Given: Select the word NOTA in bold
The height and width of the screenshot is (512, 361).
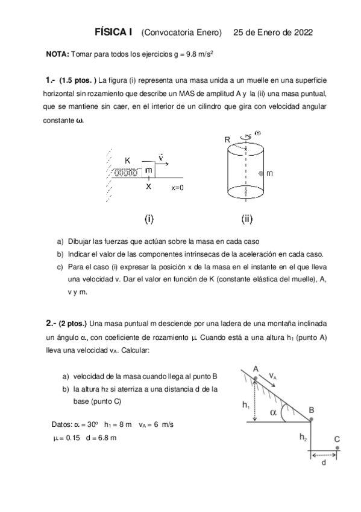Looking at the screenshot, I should (x=57, y=54).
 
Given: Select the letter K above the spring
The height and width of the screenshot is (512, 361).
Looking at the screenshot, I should (x=128, y=161).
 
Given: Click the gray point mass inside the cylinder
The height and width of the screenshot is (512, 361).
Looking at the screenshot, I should (x=260, y=173).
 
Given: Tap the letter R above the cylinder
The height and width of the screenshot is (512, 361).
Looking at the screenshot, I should (x=227, y=139).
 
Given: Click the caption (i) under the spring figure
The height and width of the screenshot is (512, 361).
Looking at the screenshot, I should (x=148, y=217).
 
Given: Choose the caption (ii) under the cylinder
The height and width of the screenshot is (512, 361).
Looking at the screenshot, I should (x=247, y=217).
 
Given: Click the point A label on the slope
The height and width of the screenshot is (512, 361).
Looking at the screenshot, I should (x=256, y=368).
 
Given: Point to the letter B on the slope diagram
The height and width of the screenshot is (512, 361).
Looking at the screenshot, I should (x=312, y=410).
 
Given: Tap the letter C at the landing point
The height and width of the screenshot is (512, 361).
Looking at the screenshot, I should (x=337, y=440).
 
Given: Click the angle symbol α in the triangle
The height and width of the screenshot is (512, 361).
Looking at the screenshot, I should (x=273, y=413).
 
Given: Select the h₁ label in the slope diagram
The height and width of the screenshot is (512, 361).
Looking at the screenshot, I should (x=246, y=406).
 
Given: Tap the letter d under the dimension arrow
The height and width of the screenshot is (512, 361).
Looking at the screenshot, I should (x=324, y=462).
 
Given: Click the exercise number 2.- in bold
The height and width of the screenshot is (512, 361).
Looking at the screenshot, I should (x=51, y=322).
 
